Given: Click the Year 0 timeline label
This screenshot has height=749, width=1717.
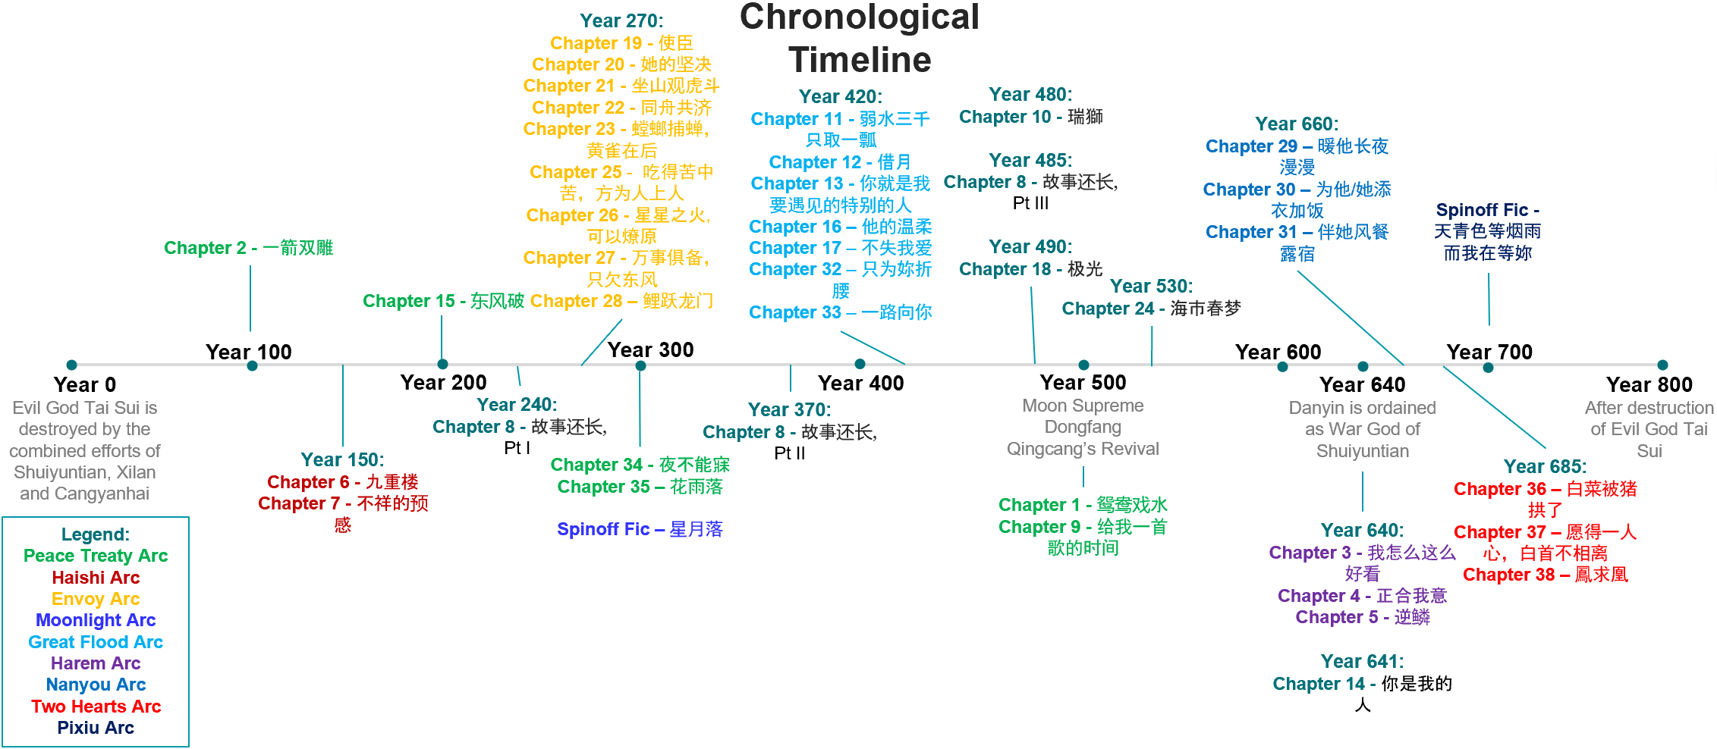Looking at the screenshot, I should click(84, 385).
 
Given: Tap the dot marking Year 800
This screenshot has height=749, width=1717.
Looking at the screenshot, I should click(1662, 365).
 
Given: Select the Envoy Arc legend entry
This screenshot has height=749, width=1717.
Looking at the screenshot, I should click(96, 599).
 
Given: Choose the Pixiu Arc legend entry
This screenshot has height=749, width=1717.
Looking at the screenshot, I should click(96, 728).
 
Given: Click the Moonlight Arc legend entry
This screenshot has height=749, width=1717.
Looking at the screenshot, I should click(96, 620).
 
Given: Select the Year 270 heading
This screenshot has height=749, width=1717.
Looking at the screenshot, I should click(621, 20).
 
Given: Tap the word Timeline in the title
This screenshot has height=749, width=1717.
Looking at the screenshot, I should click(860, 60).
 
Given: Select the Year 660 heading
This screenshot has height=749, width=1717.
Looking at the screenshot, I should click(1297, 124).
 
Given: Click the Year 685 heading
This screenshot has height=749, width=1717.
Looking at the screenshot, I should click(1545, 466).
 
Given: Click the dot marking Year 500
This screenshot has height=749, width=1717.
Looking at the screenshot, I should click(1083, 365).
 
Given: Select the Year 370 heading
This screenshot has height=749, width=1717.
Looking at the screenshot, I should click(789, 409).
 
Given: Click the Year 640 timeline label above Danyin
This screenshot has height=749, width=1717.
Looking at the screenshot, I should click(1362, 385).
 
